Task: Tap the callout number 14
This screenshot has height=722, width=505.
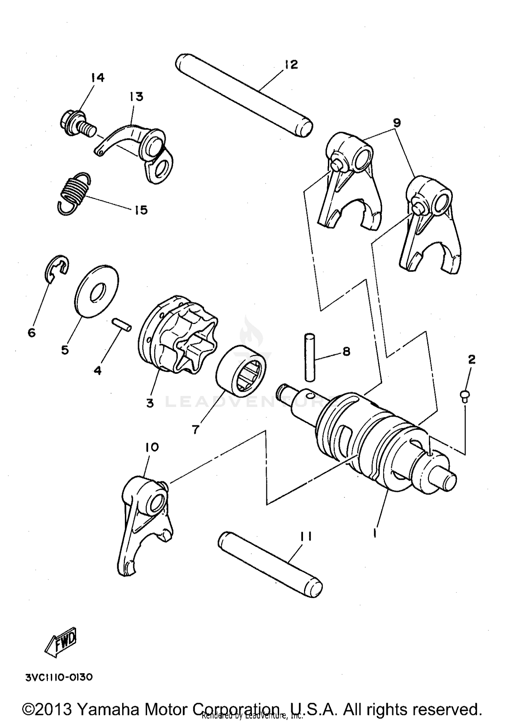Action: pyautogui.click(x=97, y=78)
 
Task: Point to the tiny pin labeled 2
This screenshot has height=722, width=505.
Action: pyautogui.click(x=465, y=394)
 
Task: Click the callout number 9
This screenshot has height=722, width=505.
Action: pyautogui.click(x=397, y=123)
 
